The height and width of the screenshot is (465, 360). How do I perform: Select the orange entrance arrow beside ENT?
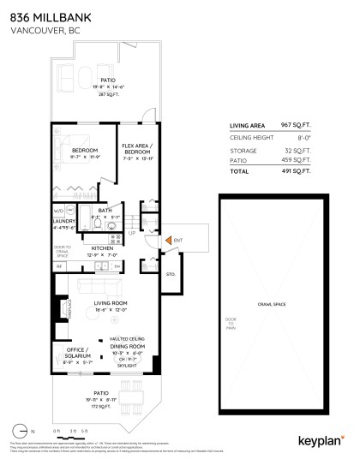coord(168,240)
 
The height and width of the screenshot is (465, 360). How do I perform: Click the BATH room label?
coord(105,211)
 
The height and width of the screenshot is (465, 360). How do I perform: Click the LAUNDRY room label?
coord(64,221)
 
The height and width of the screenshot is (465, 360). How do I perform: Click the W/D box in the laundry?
coord(59,210)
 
